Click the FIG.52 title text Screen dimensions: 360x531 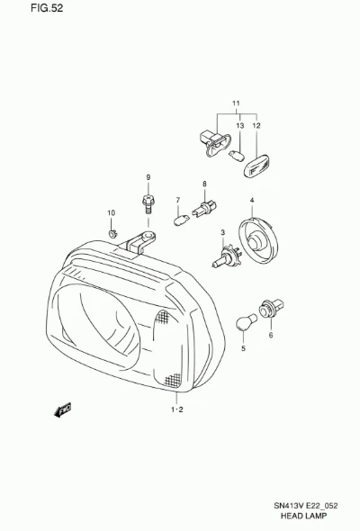tap(47, 8)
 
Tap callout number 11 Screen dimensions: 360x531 tap(236, 103)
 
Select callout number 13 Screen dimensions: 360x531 tap(239, 126)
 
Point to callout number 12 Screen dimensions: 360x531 tap(256, 126)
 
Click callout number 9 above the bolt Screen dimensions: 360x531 tap(148, 177)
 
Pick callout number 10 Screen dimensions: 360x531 tap(111, 212)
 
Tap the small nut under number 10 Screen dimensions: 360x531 tap(112, 233)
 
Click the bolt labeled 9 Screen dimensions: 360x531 tap(148, 204)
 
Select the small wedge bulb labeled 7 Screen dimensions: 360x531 tap(181, 220)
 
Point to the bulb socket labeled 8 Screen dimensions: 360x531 tap(204, 208)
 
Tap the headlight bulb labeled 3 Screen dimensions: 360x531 tap(227, 256)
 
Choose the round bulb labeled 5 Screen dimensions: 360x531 tap(247, 322)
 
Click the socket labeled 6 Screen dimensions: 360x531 tap(271, 309)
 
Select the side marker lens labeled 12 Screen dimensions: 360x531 tap(256, 166)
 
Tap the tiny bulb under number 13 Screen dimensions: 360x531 tap(237, 157)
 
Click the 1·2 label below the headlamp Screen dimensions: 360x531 tap(176, 409)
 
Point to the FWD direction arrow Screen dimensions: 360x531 tap(63, 409)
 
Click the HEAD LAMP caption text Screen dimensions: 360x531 tap(304, 516)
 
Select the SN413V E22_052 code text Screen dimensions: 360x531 tap(305, 506)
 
